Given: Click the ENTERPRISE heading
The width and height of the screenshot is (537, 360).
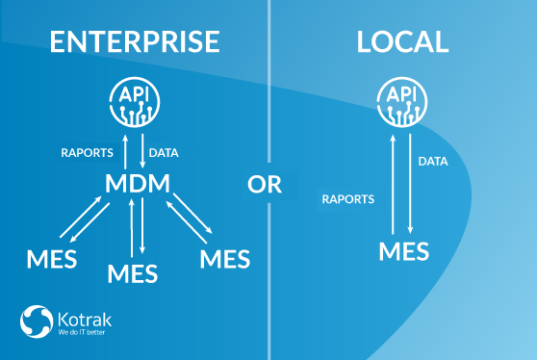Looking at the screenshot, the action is coord(135,41).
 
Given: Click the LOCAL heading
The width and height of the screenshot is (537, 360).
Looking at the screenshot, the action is coord(402,41).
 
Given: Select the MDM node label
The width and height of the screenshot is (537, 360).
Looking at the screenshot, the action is coord(138,183).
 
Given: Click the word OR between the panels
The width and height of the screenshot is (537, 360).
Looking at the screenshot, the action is coord(265,184).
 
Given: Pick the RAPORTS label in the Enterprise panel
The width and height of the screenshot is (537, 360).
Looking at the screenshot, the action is coord(87,153).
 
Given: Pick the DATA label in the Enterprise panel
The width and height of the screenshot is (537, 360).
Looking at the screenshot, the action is coord(164,153).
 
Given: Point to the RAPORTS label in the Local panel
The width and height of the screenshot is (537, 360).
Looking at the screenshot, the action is coord(348,199).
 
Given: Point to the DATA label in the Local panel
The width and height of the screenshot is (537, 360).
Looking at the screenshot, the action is coord(433,162).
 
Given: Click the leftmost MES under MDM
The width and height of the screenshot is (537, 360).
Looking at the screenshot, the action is coord(52,259).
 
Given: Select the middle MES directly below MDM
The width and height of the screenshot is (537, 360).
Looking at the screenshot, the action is coord(133,273).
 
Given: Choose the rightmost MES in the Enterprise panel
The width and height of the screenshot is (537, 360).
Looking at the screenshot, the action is coord(225,259).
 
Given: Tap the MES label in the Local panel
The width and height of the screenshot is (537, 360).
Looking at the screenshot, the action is coord(404,251).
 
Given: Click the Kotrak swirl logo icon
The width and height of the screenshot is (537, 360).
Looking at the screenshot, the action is coord(37,321).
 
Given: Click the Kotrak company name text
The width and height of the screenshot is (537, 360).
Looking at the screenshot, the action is coord(85,320).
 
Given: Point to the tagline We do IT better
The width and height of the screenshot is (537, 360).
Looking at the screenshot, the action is coord(82,332).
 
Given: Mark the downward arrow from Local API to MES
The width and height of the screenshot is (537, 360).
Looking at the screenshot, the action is coord(410,184).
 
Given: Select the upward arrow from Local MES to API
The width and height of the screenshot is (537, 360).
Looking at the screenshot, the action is coord(393,184).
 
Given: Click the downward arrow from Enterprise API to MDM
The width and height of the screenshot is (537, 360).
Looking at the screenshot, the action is coord(142,151).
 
